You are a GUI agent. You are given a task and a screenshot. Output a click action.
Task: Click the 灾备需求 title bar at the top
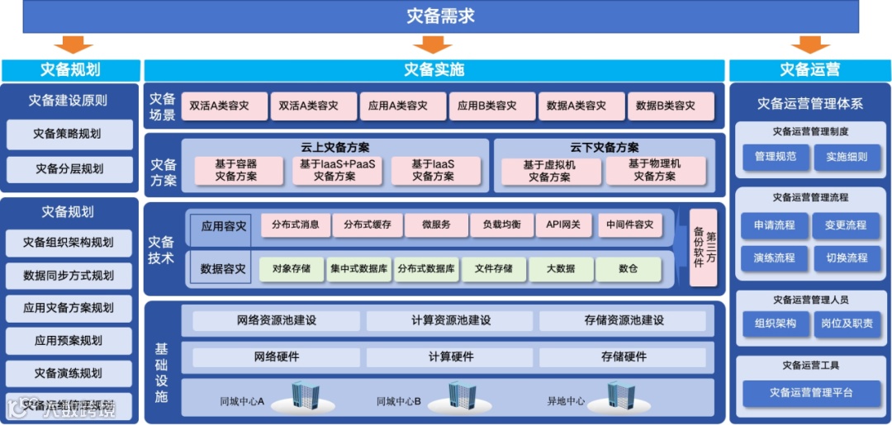[x=441, y=16]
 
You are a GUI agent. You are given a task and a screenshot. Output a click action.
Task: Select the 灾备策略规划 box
[x=69, y=134]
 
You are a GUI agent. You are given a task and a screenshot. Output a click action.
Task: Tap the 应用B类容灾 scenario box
[x=493, y=106]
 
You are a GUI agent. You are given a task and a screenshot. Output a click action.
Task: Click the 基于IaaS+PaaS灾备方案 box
[x=337, y=170]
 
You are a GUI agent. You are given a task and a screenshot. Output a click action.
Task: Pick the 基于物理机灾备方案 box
[x=656, y=170]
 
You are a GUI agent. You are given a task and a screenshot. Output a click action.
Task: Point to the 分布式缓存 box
[x=367, y=224]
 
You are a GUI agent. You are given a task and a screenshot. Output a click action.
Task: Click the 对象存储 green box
[x=291, y=268]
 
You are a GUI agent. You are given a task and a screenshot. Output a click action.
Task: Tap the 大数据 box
[x=563, y=268]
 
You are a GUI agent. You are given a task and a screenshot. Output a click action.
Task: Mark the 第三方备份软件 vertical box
[x=704, y=247]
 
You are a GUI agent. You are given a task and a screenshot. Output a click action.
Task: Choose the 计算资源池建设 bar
[x=450, y=320]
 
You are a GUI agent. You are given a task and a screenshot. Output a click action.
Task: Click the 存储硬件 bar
[x=623, y=357]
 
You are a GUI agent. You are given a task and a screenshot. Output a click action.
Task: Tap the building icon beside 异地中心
[x=621, y=397]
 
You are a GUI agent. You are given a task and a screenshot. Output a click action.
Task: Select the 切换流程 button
[x=847, y=257]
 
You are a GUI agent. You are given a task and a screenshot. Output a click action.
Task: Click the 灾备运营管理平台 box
[x=810, y=393]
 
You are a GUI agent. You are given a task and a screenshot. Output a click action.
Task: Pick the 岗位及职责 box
[x=847, y=323]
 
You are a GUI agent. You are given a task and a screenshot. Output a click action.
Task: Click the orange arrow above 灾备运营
[x=810, y=44]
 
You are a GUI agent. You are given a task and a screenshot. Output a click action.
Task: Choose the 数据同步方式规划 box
[x=69, y=275]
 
